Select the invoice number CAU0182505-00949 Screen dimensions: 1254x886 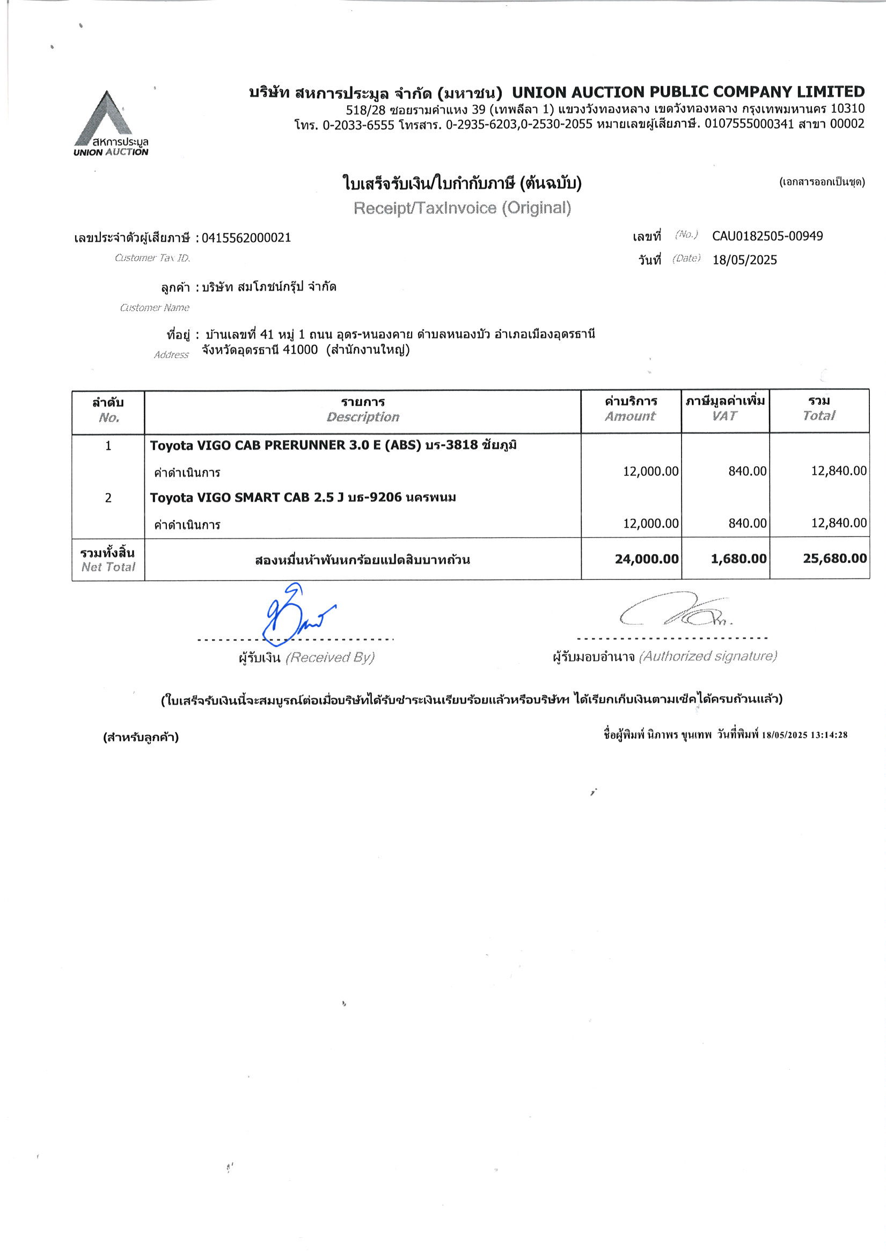[767, 236]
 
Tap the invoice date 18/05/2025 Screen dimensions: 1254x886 [744, 260]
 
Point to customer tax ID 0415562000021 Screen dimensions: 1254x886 [246, 237]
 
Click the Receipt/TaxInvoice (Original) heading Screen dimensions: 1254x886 [462, 207]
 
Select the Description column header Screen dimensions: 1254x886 [362, 417]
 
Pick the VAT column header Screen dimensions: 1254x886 [724, 416]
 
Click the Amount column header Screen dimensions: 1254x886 [630, 416]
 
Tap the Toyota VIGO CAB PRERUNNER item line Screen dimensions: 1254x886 [334, 445]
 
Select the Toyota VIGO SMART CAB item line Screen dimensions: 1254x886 [303, 497]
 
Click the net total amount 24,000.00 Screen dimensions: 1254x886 [646, 559]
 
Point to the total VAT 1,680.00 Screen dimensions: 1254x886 [738, 559]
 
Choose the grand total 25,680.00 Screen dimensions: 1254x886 [834, 558]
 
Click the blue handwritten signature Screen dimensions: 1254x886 [295, 614]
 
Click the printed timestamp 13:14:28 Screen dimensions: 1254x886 [829, 735]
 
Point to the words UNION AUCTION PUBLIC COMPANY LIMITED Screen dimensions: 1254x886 [688, 92]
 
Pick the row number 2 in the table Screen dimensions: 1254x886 [108, 497]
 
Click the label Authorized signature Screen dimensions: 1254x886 [707, 656]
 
